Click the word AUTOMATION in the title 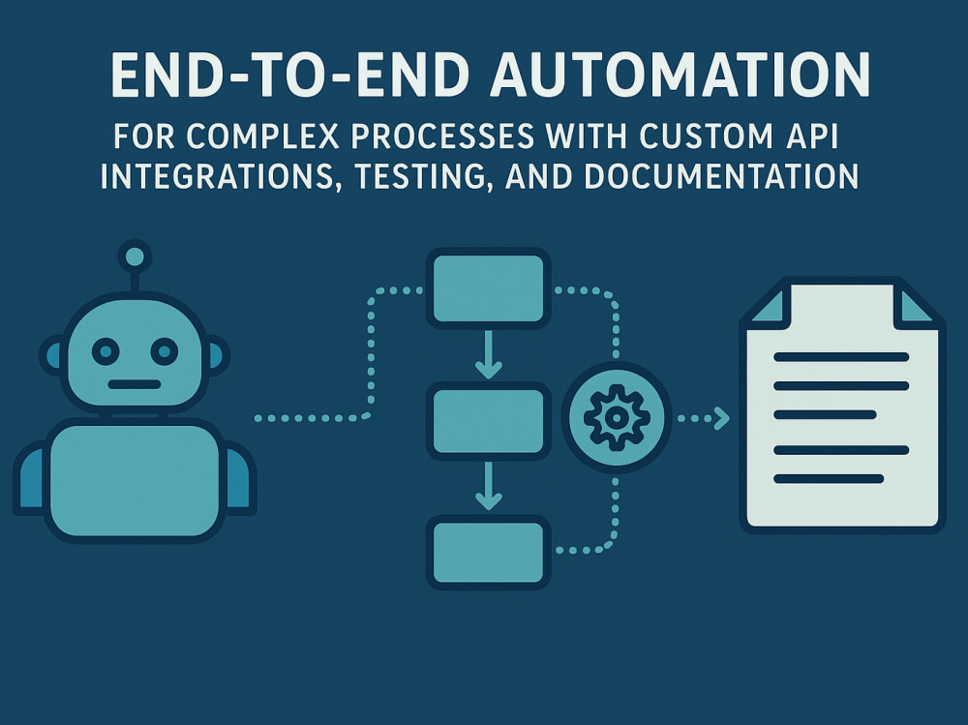click(680, 75)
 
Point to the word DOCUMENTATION click(721, 176)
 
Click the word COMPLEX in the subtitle click(262, 136)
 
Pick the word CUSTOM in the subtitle click(706, 136)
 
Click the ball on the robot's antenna click(135, 257)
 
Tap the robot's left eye click(106, 351)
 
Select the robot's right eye click(165, 351)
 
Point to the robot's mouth click(135, 384)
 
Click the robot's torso click(135, 480)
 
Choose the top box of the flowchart click(488, 288)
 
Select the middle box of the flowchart click(488, 421)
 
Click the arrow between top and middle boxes click(488, 354)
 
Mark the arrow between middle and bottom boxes click(488, 486)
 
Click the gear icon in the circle click(617, 417)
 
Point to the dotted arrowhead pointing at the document click(721, 418)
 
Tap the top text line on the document click(841, 357)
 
